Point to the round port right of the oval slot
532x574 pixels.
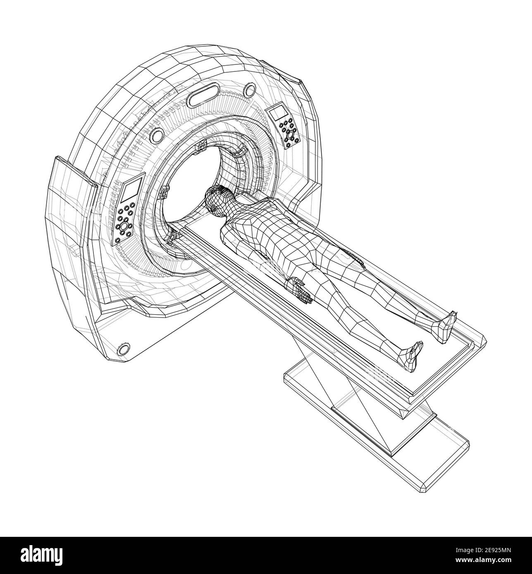pos(250,89)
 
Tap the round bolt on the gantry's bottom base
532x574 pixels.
pos(124,349)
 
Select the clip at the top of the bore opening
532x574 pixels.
pos(201,146)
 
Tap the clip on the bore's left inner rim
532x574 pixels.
pos(165,192)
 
